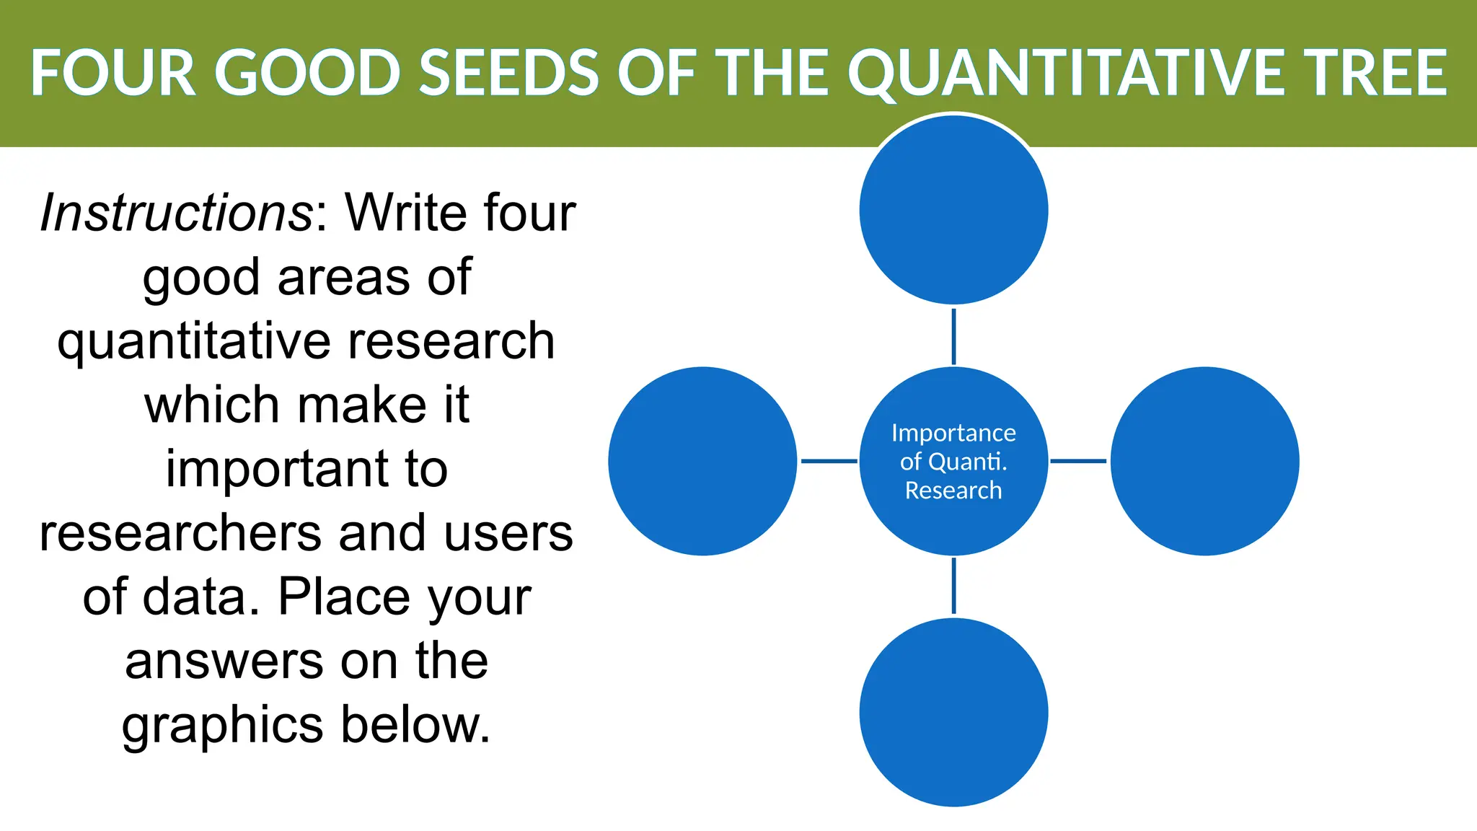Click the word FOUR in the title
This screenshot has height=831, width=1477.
(x=113, y=73)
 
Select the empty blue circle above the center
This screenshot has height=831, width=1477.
(x=953, y=210)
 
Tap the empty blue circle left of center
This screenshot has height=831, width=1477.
(x=702, y=461)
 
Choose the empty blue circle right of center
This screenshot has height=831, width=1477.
(x=1204, y=461)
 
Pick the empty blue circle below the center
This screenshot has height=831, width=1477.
(x=953, y=712)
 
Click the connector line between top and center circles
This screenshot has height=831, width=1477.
(x=953, y=336)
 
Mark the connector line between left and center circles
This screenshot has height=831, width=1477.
(x=829, y=461)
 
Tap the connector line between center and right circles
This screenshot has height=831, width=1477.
(x=1078, y=461)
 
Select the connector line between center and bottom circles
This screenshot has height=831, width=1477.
(x=953, y=586)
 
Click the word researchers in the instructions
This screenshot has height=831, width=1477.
(x=180, y=534)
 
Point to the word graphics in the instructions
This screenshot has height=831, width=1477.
(x=222, y=726)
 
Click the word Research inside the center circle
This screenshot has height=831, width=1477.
(x=953, y=491)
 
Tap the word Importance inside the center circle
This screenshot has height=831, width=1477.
(x=953, y=433)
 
